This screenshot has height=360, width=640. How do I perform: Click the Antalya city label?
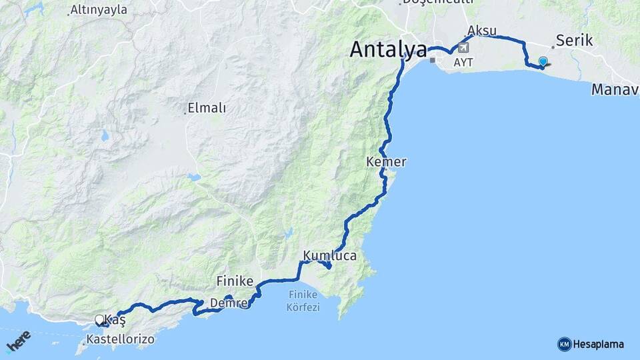387,49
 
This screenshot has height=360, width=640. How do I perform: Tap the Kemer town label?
386,162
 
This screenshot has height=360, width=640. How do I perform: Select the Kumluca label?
329,255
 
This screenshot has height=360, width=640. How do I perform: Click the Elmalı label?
207,107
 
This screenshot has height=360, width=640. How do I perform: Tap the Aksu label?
482,31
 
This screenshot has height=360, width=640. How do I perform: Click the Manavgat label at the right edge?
615,89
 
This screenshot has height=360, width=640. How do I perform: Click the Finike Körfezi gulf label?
304,301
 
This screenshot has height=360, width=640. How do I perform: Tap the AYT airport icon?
463,48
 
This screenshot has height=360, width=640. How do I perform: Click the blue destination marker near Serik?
543,63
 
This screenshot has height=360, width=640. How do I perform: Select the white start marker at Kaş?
99,320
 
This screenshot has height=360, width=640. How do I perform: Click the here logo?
18,341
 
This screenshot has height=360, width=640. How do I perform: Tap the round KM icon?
564,344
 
